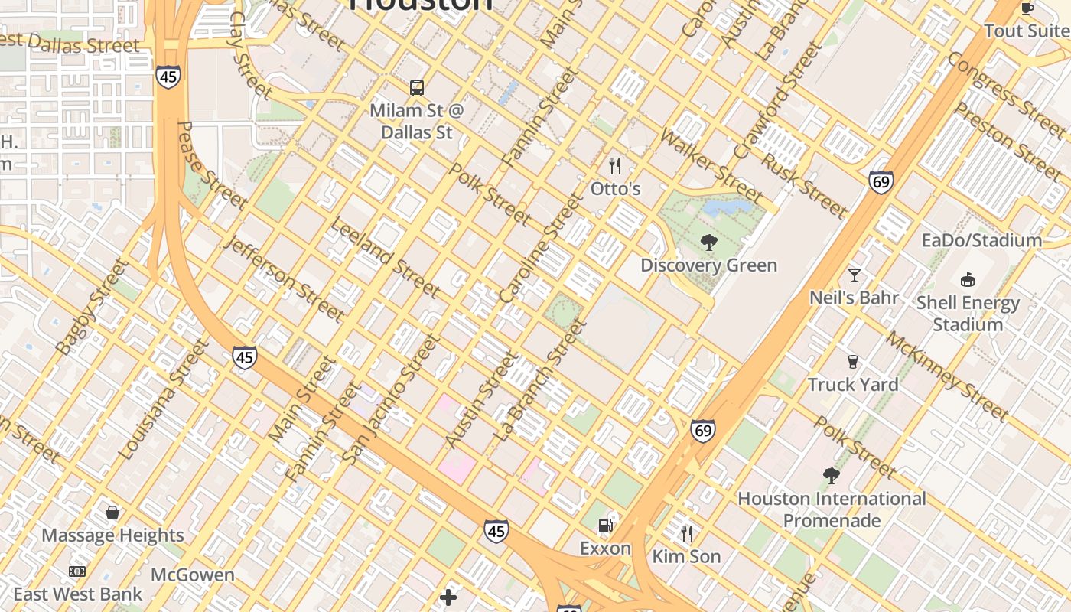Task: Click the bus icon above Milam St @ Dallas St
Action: [417, 88]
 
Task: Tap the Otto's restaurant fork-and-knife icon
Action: [615, 166]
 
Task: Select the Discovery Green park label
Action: [708, 265]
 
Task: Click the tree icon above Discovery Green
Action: [709, 243]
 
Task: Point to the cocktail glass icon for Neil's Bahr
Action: [855, 275]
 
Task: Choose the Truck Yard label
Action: [853, 384]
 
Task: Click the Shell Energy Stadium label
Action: [968, 314]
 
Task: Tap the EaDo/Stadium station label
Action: [981, 240]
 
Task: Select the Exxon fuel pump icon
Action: [605, 526]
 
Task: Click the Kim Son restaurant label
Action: [686, 556]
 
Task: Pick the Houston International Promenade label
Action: [832, 509]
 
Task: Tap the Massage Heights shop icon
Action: [112, 513]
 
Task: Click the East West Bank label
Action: [78, 594]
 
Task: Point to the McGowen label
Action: [193, 575]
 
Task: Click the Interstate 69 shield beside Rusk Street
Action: [881, 182]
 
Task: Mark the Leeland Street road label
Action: [385, 258]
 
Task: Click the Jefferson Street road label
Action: [285, 279]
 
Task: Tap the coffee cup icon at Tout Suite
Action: [1027, 8]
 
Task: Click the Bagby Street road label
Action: [92, 307]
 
